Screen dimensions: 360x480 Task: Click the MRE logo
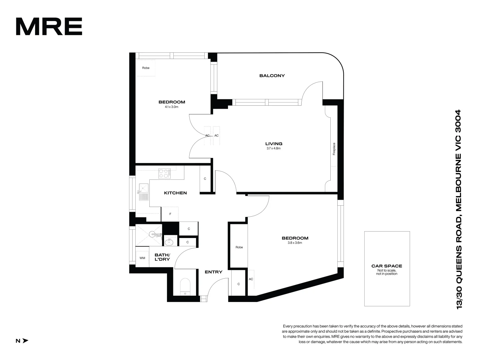[49, 27]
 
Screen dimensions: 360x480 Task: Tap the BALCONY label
[272, 76]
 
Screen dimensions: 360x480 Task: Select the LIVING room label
[274, 144]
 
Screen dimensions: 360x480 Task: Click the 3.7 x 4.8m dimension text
[274, 149]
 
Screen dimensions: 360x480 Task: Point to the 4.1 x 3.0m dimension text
[172, 107]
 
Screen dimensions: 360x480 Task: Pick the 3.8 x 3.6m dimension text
[295, 243]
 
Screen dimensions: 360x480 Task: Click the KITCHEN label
[175, 193]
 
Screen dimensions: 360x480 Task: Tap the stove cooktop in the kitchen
[164, 173]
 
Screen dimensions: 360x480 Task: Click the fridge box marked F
[170, 214]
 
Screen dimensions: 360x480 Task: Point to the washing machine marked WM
[142, 258]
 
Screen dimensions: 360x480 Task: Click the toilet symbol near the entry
[185, 287]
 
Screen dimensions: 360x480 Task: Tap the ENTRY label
[213, 272]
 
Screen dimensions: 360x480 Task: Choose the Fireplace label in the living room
[334, 149]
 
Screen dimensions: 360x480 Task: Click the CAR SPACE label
[387, 266]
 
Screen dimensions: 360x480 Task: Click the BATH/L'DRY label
[162, 257]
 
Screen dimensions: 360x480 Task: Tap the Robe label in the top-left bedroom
[146, 68]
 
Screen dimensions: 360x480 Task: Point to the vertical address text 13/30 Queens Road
[459, 209]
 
